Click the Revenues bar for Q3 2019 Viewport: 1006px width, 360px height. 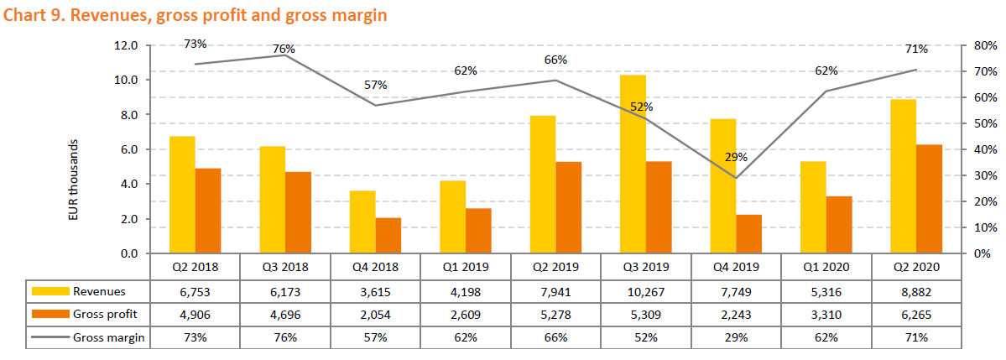633,164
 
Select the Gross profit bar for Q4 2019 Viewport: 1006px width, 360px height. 749,234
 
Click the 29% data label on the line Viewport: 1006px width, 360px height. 737,158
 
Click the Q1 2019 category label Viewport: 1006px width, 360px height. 466,267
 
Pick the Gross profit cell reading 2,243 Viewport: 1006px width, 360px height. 736,314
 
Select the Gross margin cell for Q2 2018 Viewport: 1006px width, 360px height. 195,337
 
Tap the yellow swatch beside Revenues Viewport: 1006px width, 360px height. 50,290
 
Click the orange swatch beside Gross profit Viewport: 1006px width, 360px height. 50,314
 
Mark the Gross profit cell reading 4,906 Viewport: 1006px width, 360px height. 195,314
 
